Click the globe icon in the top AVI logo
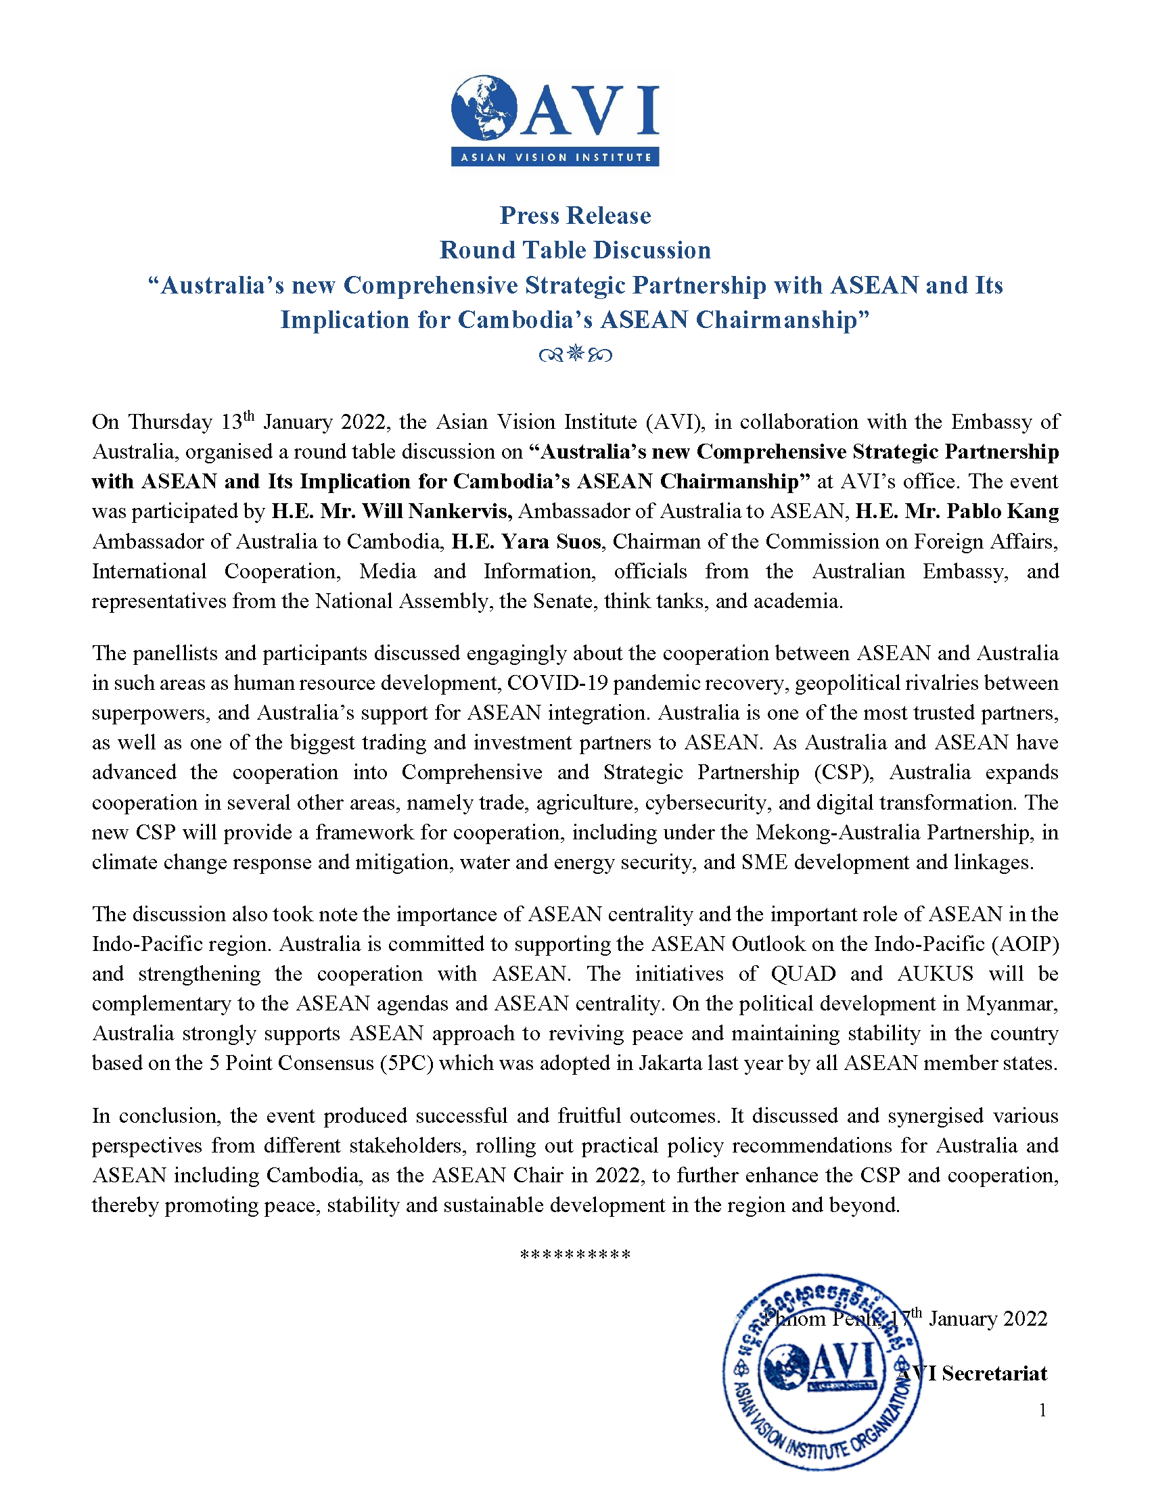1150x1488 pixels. (484, 109)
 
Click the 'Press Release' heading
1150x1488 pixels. (575, 215)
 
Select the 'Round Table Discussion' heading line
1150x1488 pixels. (575, 250)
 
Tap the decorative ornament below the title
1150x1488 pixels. (575, 354)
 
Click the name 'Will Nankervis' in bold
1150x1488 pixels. (437, 511)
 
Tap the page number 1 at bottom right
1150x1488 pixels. (1042, 1410)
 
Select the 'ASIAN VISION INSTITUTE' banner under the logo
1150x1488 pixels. (555, 158)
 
